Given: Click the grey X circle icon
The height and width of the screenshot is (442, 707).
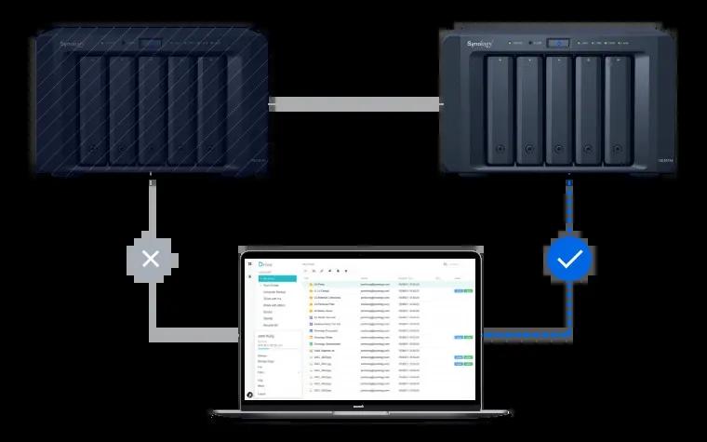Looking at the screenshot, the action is click(x=151, y=260).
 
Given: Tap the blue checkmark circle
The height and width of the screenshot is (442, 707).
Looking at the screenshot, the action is click(x=568, y=260).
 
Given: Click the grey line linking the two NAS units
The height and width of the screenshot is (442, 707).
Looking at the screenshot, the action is click(x=353, y=104).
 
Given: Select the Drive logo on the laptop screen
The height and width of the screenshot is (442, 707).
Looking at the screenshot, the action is click(x=267, y=265).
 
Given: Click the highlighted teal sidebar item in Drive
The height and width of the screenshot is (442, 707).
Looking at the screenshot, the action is click(x=277, y=278).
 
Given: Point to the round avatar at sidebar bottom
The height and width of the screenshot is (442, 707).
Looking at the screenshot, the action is click(x=249, y=395).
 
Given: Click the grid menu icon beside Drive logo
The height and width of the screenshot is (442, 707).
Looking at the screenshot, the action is click(x=249, y=265).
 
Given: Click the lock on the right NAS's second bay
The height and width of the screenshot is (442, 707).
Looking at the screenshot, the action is click(x=528, y=147).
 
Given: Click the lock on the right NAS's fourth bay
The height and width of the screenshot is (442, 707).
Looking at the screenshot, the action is click(x=587, y=147).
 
